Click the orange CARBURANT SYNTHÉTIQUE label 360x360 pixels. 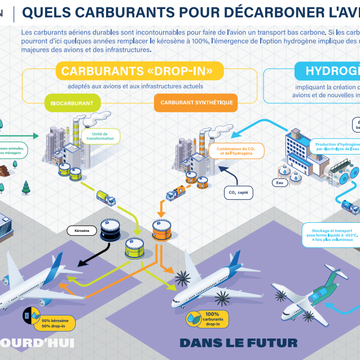coord(196,103)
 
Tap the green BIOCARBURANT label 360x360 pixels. coord(72,103)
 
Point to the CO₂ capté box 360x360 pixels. coord(238,193)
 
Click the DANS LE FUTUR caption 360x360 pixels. coord(238,343)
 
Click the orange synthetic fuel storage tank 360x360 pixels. coord(161,230)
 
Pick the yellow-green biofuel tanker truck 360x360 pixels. coord(106,197)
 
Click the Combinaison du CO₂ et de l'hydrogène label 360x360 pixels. coord(232,150)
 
